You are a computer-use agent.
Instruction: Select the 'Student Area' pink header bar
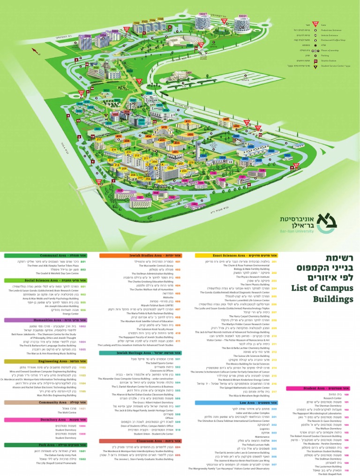(323, 388)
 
